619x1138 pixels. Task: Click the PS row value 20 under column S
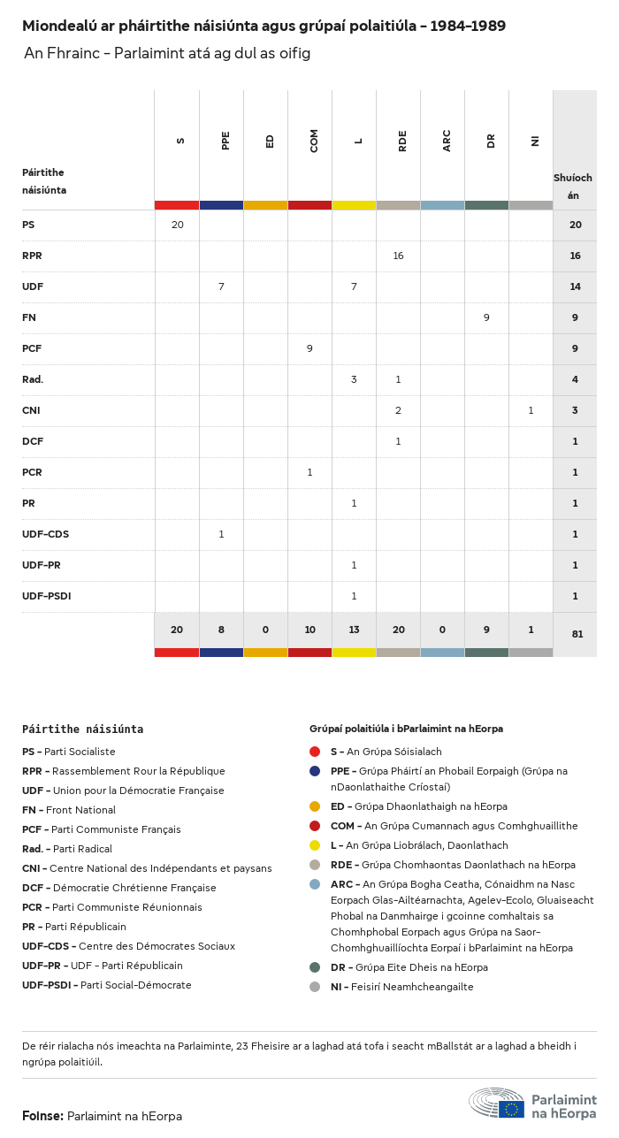(x=177, y=225)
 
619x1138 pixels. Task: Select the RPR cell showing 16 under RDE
(x=398, y=256)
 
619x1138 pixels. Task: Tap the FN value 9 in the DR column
(x=486, y=317)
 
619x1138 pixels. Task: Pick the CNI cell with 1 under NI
(x=531, y=410)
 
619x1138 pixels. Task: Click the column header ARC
(x=447, y=141)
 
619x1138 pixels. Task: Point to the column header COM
(x=314, y=141)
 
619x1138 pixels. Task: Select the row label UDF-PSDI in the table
(x=46, y=596)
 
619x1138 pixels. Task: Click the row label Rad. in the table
(x=33, y=379)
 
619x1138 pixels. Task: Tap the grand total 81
(x=576, y=634)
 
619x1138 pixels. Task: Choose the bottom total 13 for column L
(x=354, y=630)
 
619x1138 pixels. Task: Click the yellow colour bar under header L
(x=354, y=205)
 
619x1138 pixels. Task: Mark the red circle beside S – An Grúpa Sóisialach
(x=315, y=752)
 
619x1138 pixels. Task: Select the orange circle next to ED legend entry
(x=315, y=806)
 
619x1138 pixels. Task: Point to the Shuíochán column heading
(x=573, y=186)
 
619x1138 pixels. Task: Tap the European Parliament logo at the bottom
(x=532, y=1105)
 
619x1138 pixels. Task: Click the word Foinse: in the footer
(x=42, y=1116)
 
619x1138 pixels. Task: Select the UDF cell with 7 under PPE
(x=221, y=286)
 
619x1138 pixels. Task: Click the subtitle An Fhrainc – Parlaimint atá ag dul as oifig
(x=167, y=54)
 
